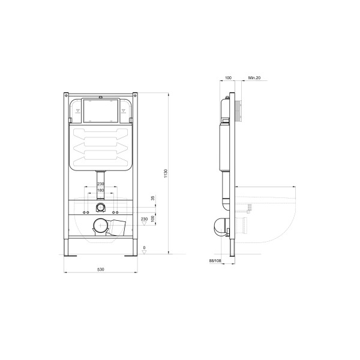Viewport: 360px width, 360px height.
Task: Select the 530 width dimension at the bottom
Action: (x=101, y=269)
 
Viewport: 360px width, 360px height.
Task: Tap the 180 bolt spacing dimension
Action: (x=101, y=191)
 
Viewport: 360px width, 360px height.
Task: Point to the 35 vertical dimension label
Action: (x=153, y=197)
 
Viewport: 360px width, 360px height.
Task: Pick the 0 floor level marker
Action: (x=145, y=248)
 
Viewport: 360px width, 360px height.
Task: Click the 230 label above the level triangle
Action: (x=144, y=219)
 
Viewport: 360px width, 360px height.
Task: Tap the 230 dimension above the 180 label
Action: (x=101, y=184)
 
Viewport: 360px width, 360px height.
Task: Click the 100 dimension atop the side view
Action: (x=228, y=78)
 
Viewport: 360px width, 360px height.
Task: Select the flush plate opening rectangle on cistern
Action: (x=100, y=110)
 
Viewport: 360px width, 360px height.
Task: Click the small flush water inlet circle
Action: (x=100, y=208)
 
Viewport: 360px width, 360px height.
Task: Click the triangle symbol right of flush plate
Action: (x=124, y=110)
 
